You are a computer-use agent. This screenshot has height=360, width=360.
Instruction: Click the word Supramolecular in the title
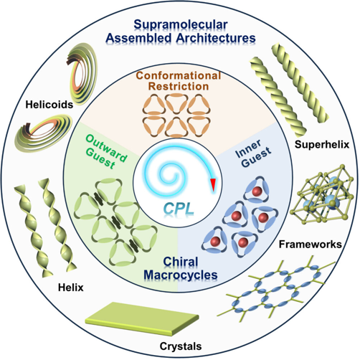pos(181,25)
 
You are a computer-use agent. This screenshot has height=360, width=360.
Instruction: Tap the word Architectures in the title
pos(216,38)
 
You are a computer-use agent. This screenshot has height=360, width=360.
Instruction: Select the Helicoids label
pos(49,105)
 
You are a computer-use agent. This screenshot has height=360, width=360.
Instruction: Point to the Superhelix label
pos(322,144)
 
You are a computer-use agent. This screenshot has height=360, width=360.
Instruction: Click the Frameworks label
pos(311,245)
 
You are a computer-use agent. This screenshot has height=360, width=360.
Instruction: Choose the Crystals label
pos(181,346)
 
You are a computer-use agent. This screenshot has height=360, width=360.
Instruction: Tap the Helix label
pos(71,288)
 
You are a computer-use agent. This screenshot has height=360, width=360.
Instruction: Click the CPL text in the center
pos(179,209)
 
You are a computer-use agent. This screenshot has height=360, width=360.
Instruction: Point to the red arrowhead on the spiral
pos(213,184)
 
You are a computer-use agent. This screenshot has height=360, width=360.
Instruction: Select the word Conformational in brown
pos(179,75)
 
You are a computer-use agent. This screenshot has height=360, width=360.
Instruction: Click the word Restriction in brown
pos(179,86)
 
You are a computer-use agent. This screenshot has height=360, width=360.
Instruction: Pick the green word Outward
pos(106,148)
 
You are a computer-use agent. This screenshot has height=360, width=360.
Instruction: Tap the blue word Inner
pos(248,149)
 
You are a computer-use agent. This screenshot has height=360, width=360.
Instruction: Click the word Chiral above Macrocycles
pos(181,262)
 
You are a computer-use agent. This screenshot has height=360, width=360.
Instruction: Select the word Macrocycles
pos(181,275)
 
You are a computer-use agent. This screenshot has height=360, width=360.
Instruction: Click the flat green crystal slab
pos(142,318)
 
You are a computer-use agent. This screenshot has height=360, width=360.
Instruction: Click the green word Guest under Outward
pos(100,159)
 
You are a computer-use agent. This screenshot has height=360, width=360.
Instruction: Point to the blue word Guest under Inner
pos(256,156)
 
